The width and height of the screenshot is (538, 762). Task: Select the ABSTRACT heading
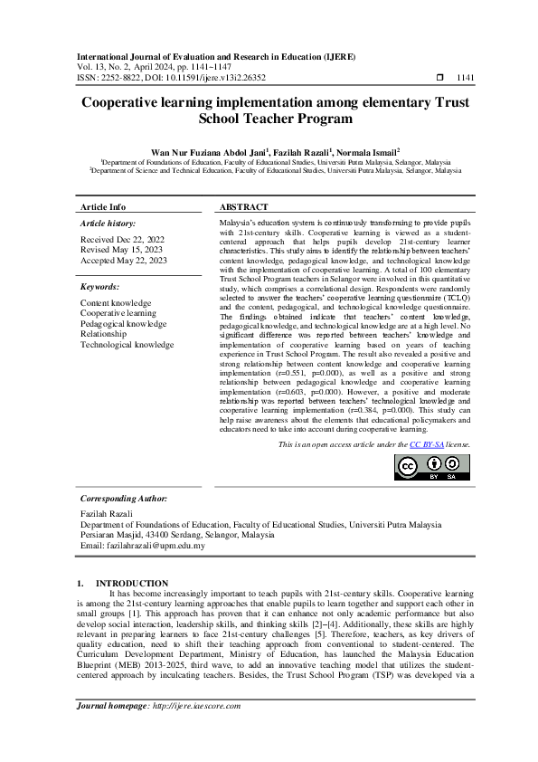pyautogui.click(x=244, y=206)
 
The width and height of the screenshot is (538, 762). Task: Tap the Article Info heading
pyautogui.click(x=103, y=206)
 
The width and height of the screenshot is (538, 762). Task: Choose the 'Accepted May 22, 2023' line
pyautogui.click(x=124, y=261)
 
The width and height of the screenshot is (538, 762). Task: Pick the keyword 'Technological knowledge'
pyautogui.click(x=127, y=345)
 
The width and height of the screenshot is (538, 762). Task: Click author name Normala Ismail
pyautogui.click(x=366, y=153)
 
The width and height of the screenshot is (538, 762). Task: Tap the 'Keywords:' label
pyautogui.click(x=100, y=286)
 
